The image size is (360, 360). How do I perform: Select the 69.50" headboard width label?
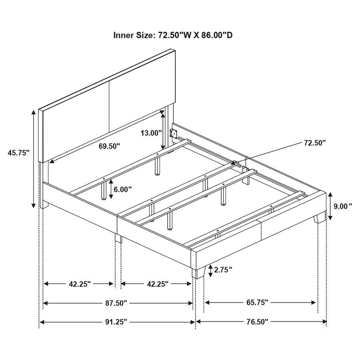coord(109,146)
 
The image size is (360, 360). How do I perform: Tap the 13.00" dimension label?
coord(151,133)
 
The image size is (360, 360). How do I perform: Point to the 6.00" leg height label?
coord(122,190)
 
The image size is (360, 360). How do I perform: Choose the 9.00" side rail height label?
coord(343,206)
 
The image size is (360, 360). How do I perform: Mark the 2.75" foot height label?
coord(223,270)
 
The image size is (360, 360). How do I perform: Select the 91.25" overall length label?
coord(116,322)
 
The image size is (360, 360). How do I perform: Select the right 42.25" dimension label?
coord(156,284)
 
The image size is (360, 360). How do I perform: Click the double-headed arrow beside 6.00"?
coord(110,190)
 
